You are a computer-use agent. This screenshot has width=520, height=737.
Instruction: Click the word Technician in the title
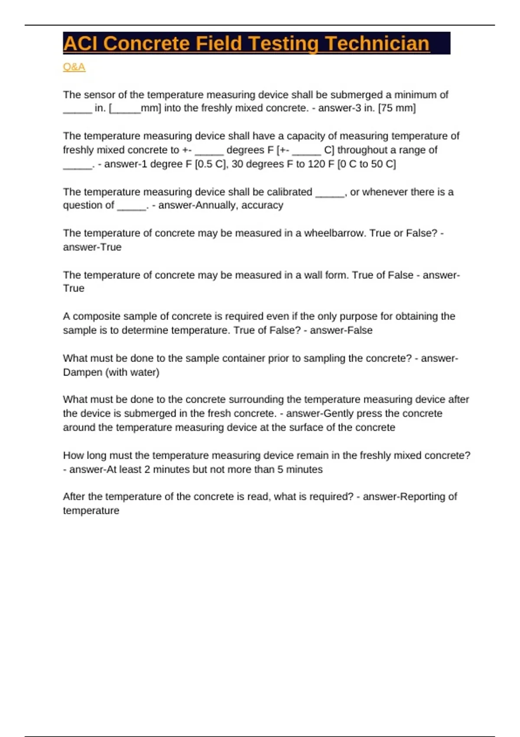click(x=377, y=44)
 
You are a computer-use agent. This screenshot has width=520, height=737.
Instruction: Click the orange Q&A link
click(x=74, y=67)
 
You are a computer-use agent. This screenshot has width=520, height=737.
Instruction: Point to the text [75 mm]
click(x=397, y=108)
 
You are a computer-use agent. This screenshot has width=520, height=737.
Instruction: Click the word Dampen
click(x=82, y=372)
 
